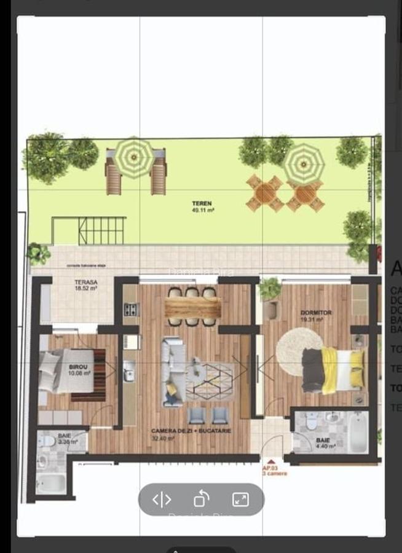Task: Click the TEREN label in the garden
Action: coord(202,205)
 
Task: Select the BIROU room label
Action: coord(79,369)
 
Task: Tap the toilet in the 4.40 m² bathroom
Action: coord(312,422)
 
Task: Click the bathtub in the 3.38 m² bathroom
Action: coord(50,483)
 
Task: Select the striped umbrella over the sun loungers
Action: coord(135,157)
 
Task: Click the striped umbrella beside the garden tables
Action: coord(304,162)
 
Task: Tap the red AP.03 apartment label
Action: coord(275,470)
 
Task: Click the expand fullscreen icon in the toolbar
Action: coord(240,499)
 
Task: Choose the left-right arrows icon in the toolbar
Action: coord(162,499)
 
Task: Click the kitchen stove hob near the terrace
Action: coord(132,310)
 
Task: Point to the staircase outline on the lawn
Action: coord(89,230)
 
